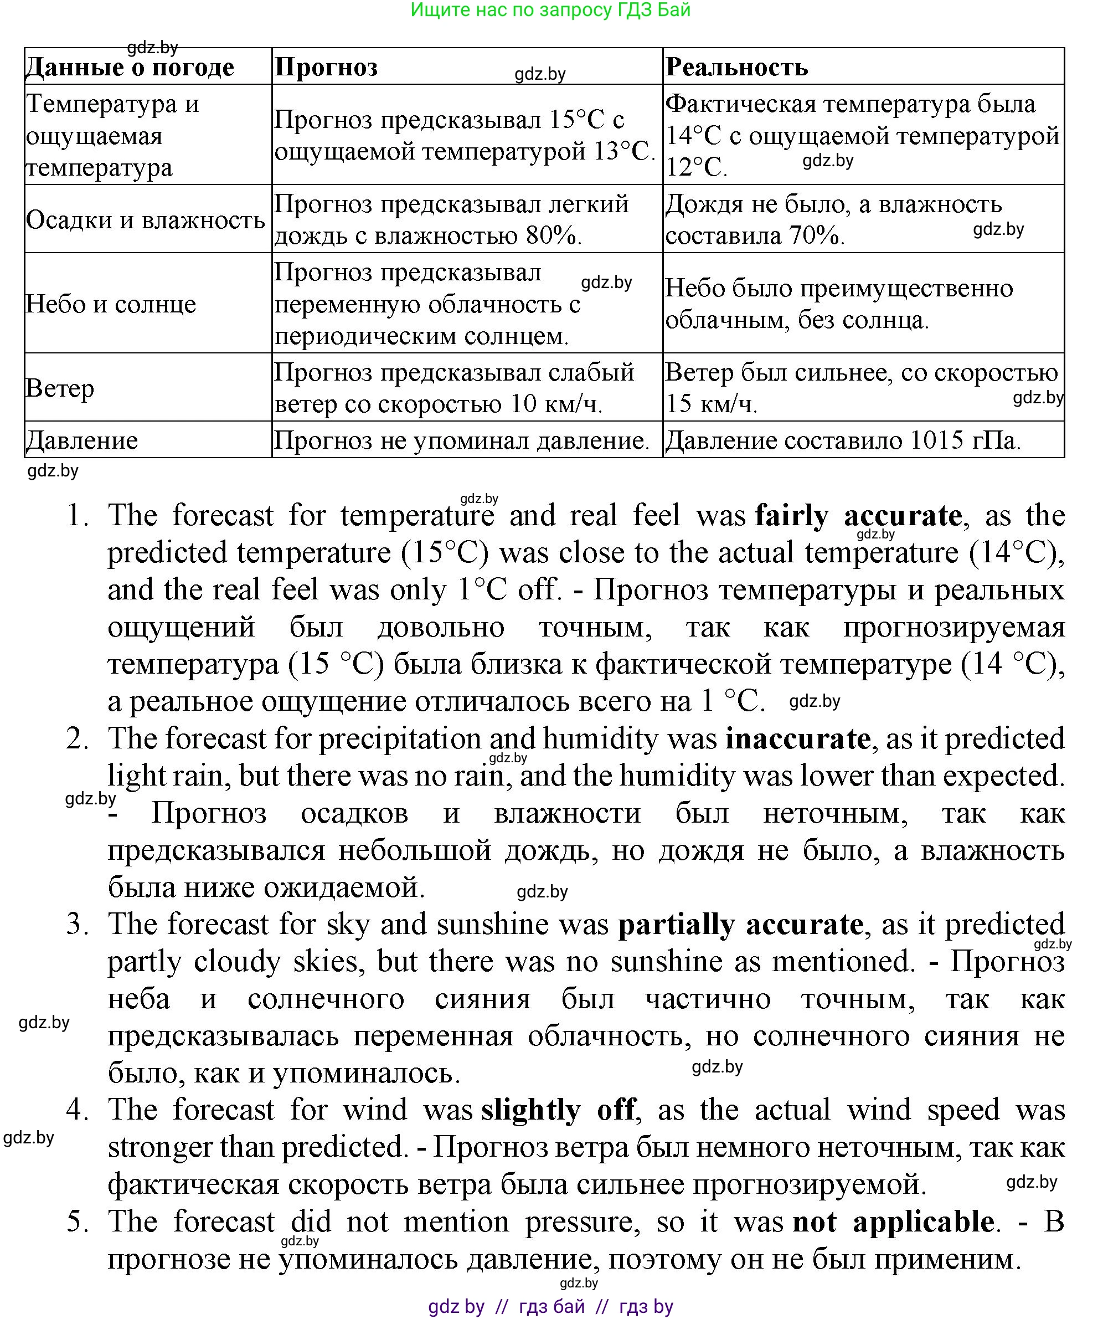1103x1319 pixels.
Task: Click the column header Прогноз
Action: (x=327, y=67)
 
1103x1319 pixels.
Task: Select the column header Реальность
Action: (x=736, y=67)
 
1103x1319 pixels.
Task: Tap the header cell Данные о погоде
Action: (x=130, y=67)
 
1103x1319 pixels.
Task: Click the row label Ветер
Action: (x=60, y=388)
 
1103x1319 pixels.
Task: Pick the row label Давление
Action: (x=81, y=440)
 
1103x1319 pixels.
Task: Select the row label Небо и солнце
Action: (x=111, y=304)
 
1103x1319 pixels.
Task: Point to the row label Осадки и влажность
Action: (x=146, y=220)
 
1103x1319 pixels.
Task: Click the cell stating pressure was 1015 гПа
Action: (x=842, y=440)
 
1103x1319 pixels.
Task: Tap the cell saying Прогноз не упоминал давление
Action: (x=462, y=440)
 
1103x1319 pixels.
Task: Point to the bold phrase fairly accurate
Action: (x=858, y=516)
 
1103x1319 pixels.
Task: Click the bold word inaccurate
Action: (x=797, y=738)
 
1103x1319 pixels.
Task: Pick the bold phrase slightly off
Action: (x=559, y=1110)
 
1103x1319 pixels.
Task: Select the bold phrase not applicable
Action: (x=893, y=1222)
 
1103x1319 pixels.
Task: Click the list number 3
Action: (x=77, y=924)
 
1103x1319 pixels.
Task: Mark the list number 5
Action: (x=77, y=1222)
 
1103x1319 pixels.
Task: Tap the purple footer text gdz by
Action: (x=456, y=1306)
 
